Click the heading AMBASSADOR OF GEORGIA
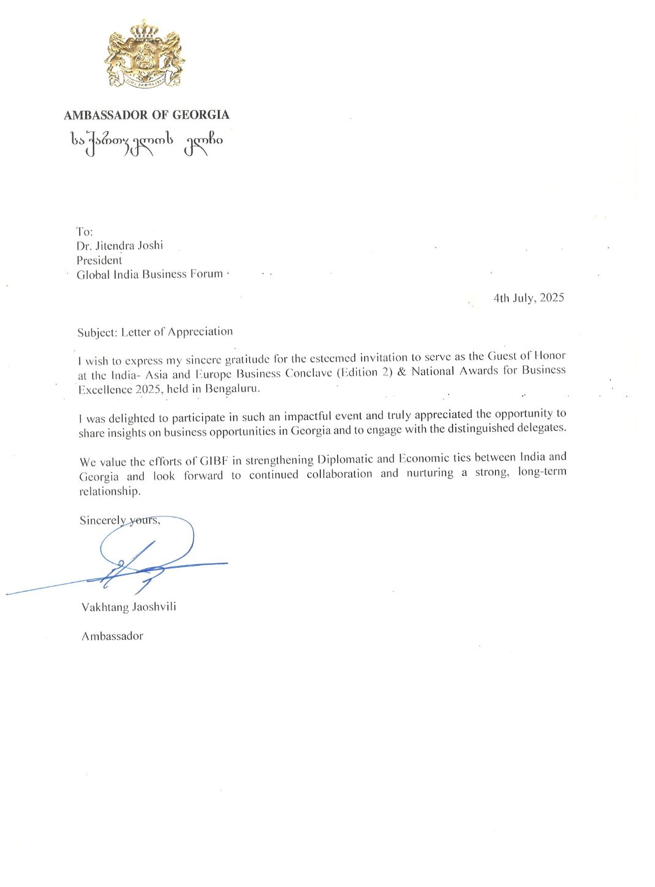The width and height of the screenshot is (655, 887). [x=146, y=115]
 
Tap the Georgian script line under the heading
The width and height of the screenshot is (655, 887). [x=146, y=142]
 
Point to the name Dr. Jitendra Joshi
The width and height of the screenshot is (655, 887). [x=120, y=245]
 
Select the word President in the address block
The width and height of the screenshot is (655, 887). [x=99, y=260]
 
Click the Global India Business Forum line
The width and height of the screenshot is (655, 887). [x=149, y=274]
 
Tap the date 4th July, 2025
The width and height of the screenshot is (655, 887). [x=529, y=298]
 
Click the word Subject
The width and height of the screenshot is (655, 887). [x=96, y=332]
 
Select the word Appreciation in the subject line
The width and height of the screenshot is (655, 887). [x=200, y=332]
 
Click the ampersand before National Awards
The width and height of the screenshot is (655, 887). [x=402, y=372]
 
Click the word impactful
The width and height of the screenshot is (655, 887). [x=308, y=417]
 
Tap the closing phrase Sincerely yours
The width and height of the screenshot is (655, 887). [x=120, y=521]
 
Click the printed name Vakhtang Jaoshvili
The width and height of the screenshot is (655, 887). [x=129, y=607]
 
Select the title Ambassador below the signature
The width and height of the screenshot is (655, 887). [x=112, y=636]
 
